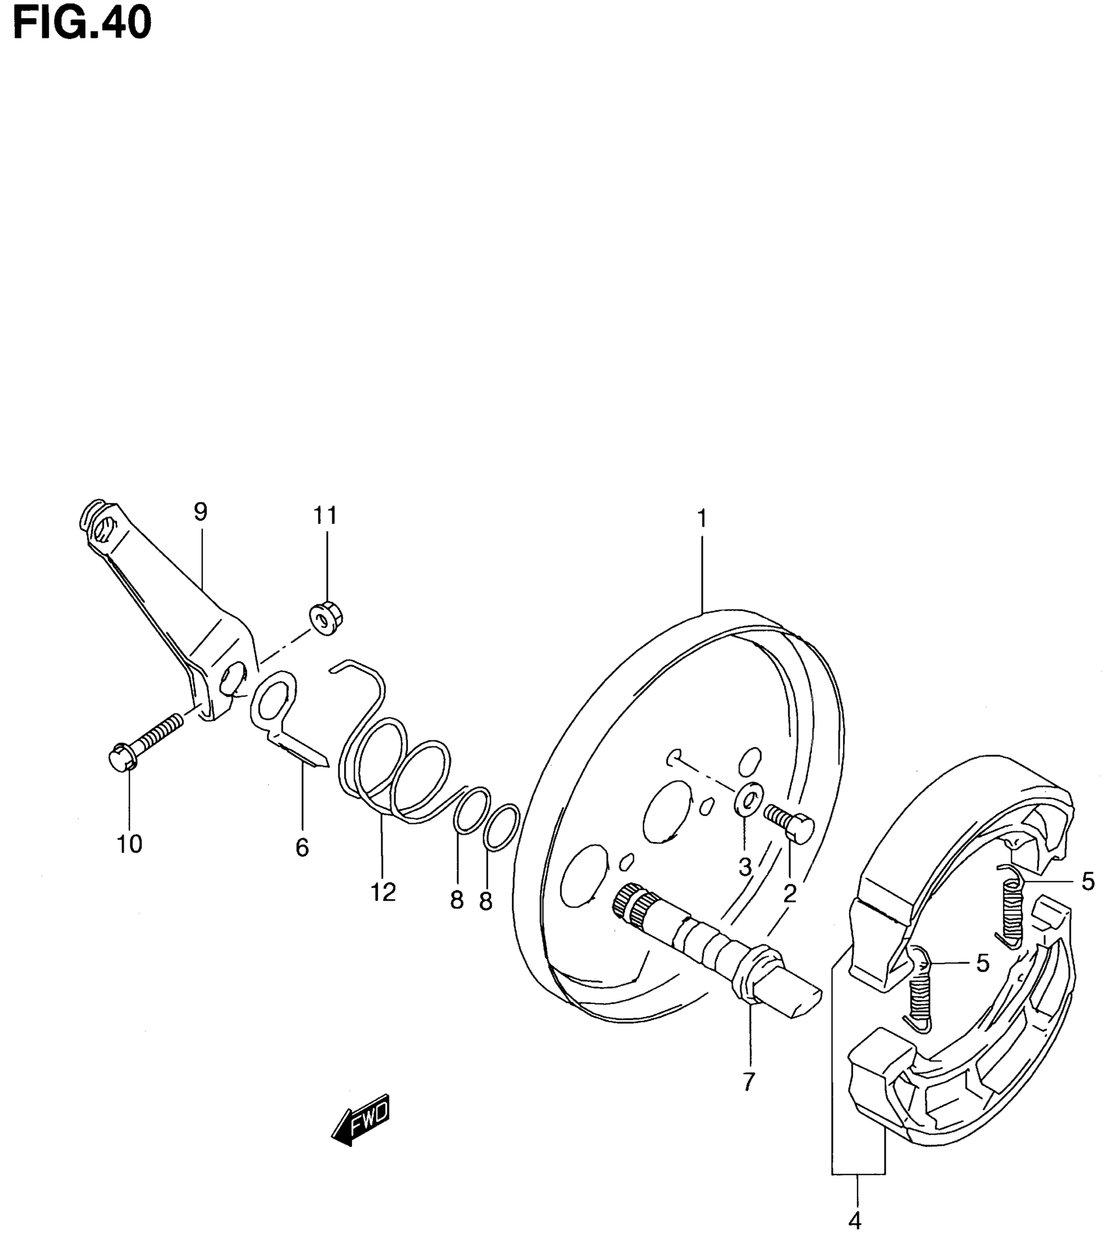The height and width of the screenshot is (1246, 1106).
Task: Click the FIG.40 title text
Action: [82, 24]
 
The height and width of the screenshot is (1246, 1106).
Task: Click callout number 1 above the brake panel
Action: [701, 519]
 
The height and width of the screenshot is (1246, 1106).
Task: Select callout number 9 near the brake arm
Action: [200, 513]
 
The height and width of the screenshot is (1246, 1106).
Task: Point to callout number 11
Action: [325, 516]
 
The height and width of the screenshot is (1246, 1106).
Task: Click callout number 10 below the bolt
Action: [129, 845]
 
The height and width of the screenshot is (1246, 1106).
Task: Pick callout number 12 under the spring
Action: [383, 892]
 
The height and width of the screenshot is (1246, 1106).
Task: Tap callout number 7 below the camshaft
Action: [748, 1081]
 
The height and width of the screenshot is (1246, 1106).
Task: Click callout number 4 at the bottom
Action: [855, 1221]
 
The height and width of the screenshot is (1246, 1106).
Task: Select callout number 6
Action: [302, 848]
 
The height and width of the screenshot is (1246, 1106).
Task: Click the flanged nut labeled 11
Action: [326, 619]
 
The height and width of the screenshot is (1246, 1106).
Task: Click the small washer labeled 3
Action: [746, 798]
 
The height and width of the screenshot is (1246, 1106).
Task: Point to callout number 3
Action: [745, 867]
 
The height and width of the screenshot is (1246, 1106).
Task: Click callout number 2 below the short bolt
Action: [790, 895]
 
